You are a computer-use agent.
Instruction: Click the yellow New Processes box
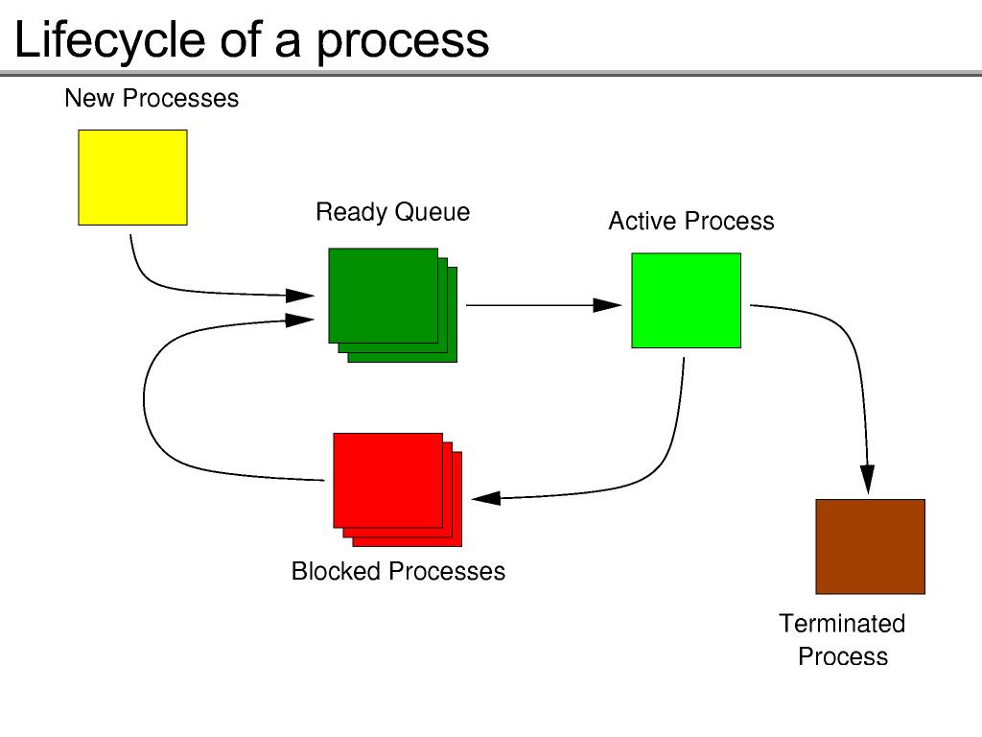(132, 178)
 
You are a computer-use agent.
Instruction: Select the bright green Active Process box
(686, 300)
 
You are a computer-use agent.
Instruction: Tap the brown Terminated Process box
(870, 546)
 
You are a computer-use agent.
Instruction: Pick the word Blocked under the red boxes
(337, 571)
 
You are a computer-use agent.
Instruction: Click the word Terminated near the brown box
(842, 624)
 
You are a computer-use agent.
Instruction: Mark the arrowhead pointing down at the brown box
(867, 480)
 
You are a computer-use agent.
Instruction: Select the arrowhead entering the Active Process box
(608, 305)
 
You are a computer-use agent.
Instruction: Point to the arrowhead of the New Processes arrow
(302, 296)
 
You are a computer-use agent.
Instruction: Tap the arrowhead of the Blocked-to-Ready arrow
(302, 320)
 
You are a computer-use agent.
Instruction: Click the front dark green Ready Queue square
(383, 296)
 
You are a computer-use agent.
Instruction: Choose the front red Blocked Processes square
(387, 480)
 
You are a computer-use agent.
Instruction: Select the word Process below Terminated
(843, 657)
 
